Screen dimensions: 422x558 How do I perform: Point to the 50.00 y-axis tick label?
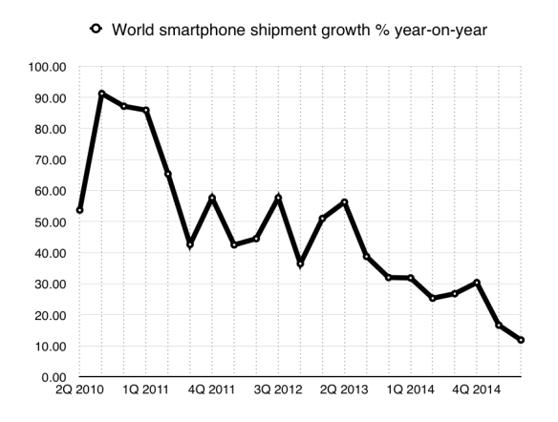[49, 222]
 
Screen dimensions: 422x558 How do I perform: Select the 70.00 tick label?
[49, 160]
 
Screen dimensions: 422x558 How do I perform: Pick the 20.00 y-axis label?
[49, 316]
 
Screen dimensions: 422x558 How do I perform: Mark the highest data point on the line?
[101, 94]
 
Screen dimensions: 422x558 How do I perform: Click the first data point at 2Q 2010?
[79, 210]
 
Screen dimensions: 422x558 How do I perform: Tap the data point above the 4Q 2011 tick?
[212, 198]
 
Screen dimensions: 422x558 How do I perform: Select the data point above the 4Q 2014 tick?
[477, 283]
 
